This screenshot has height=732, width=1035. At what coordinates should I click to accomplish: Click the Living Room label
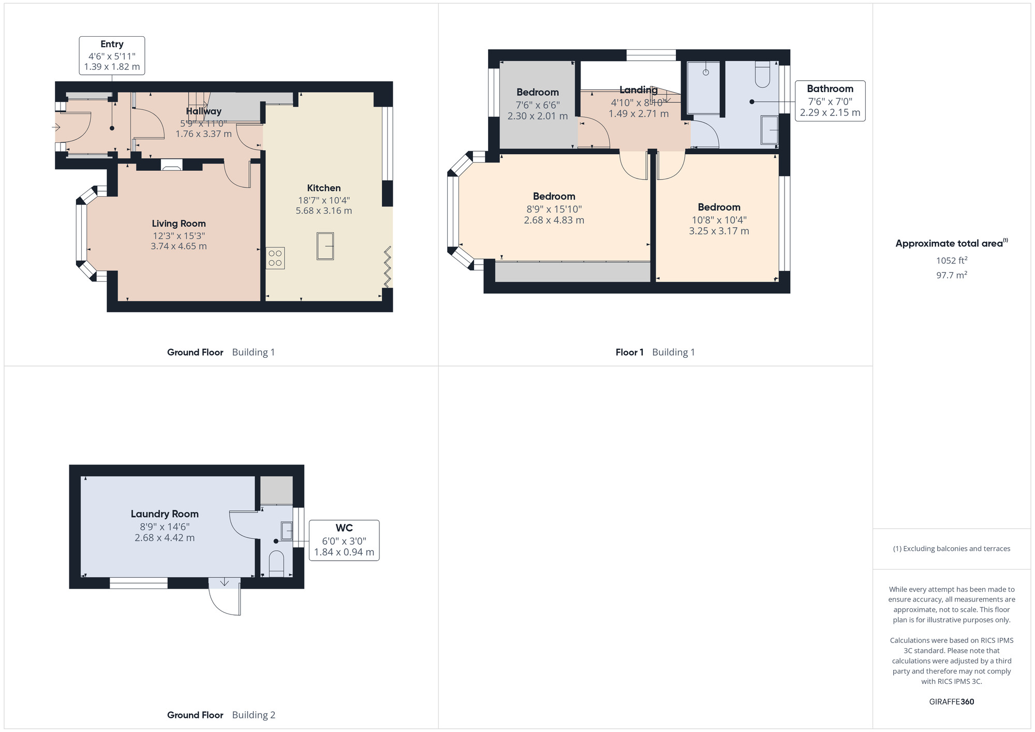[x=179, y=224]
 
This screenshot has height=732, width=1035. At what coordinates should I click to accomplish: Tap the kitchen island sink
[x=325, y=246]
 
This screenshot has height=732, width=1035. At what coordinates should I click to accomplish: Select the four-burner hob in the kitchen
[x=275, y=258]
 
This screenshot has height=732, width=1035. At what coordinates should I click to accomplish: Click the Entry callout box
[x=112, y=55]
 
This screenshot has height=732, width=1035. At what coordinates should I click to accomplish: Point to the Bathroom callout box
[x=830, y=100]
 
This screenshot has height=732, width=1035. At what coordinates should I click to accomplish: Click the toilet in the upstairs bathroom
[x=763, y=75]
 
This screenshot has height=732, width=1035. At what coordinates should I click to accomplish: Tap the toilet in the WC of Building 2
[x=276, y=563]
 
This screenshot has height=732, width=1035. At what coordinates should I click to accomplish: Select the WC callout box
[x=344, y=540]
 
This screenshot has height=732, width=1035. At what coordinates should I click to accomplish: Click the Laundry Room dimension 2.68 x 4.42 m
[x=165, y=538]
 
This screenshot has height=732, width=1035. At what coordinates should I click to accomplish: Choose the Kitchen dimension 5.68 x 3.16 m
[x=323, y=211]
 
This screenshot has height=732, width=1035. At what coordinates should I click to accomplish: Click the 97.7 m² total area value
[x=951, y=275]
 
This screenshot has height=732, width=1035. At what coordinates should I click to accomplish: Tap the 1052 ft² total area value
[x=951, y=260]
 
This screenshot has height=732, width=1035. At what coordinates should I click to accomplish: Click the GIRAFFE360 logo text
[x=951, y=701]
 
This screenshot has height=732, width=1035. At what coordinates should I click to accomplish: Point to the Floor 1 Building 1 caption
[x=655, y=352]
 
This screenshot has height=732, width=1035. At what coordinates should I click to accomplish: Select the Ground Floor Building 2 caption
[x=221, y=715]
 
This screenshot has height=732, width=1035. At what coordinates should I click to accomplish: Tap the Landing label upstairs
[x=638, y=90]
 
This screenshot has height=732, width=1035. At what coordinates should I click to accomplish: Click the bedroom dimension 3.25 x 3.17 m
[x=719, y=231]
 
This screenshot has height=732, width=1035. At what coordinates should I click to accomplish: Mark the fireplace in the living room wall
[x=172, y=165]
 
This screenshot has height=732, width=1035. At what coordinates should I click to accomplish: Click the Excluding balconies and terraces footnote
[x=951, y=549]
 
